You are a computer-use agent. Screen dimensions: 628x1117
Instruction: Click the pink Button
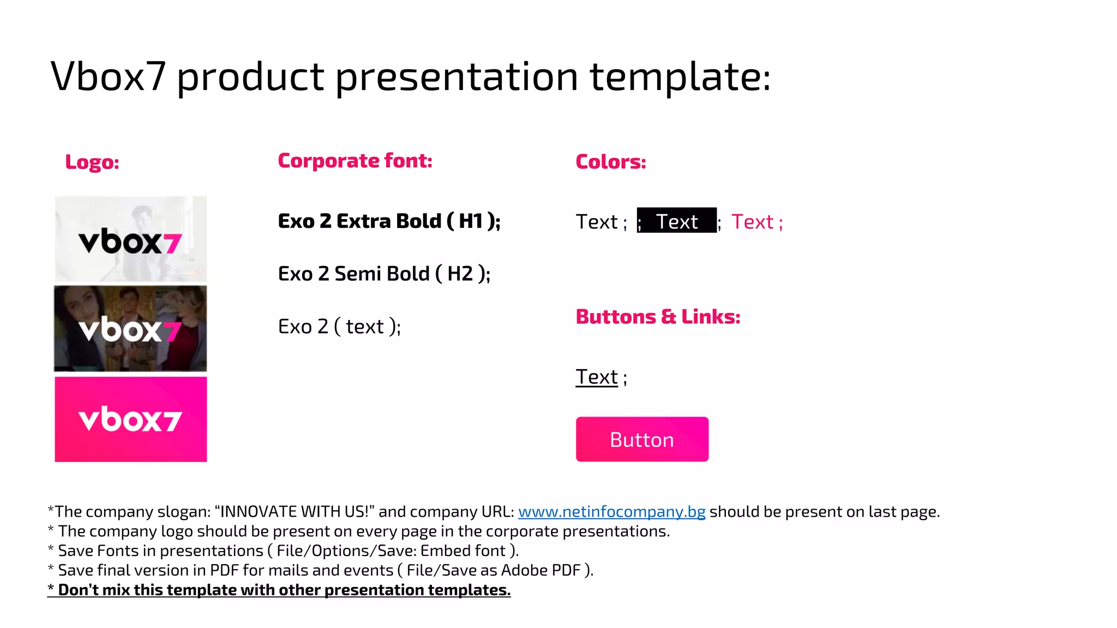(x=642, y=439)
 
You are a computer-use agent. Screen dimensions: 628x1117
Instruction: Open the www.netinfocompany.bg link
(x=611, y=512)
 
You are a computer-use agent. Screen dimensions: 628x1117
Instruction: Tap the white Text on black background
(x=676, y=221)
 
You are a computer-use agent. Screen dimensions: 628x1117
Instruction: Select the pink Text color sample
(x=753, y=222)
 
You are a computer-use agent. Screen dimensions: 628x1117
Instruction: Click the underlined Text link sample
(x=597, y=377)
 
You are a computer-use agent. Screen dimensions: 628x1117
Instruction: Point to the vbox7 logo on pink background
(x=130, y=419)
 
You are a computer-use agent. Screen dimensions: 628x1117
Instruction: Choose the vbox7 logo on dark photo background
(x=130, y=329)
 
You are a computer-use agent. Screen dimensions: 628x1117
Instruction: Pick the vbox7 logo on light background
(x=130, y=239)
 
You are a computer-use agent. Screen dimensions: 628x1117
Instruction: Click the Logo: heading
(x=92, y=162)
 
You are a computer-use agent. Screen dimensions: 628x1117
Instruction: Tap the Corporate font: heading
(x=355, y=161)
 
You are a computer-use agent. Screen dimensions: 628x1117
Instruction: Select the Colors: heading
(x=610, y=162)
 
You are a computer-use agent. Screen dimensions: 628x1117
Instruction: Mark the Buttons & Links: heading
(x=658, y=317)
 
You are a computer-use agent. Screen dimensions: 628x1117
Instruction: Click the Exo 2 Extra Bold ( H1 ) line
(x=388, y=221)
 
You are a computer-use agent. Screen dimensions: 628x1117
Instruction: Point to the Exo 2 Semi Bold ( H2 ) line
(x=383, y=274)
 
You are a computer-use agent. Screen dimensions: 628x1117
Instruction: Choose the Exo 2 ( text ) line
(x=339, y=327)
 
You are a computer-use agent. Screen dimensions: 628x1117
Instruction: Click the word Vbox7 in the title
(x=108, y=76)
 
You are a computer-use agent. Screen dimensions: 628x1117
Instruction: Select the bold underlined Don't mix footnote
(x=279, y=590)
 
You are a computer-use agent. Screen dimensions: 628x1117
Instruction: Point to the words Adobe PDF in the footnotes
(x=541, y=570)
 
